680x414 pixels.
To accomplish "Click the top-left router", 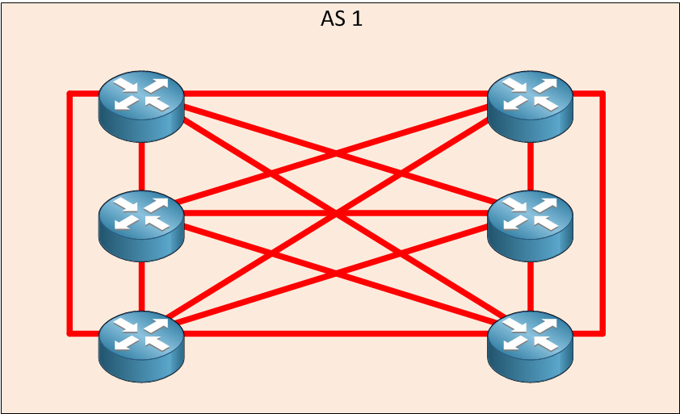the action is tap(141, 107).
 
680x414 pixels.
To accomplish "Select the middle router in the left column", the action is tap(141, 226).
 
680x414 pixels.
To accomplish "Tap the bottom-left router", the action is tap(141, 346).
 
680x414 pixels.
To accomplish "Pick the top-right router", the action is tap(530, 107).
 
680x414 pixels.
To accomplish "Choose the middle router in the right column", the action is tap(530, 226).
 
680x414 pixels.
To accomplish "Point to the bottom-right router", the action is tap(530, 346).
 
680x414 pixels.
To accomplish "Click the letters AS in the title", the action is tap(333, 19).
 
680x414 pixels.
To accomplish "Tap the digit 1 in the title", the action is tap(357, 19).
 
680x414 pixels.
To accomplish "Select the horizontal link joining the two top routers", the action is tap(336, 93).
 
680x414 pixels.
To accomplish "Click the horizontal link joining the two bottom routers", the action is tap(336, 333).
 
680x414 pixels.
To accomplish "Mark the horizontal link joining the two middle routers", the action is tap(336, 213).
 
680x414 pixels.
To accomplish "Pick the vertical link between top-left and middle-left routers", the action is tap(141, 166).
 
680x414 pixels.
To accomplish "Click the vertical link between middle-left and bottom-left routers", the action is tap(141, 286).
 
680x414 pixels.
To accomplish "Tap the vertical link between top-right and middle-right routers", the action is tap(530, 166).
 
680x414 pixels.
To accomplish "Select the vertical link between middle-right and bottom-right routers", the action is tap(530, 286).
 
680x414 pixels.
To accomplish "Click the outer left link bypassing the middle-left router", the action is tap(69, 213).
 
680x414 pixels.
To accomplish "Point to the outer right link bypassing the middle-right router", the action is tap(602, 213).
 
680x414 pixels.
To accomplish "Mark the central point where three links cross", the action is tap(336, 213).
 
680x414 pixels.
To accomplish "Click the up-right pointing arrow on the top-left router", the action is tap(156, 85).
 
